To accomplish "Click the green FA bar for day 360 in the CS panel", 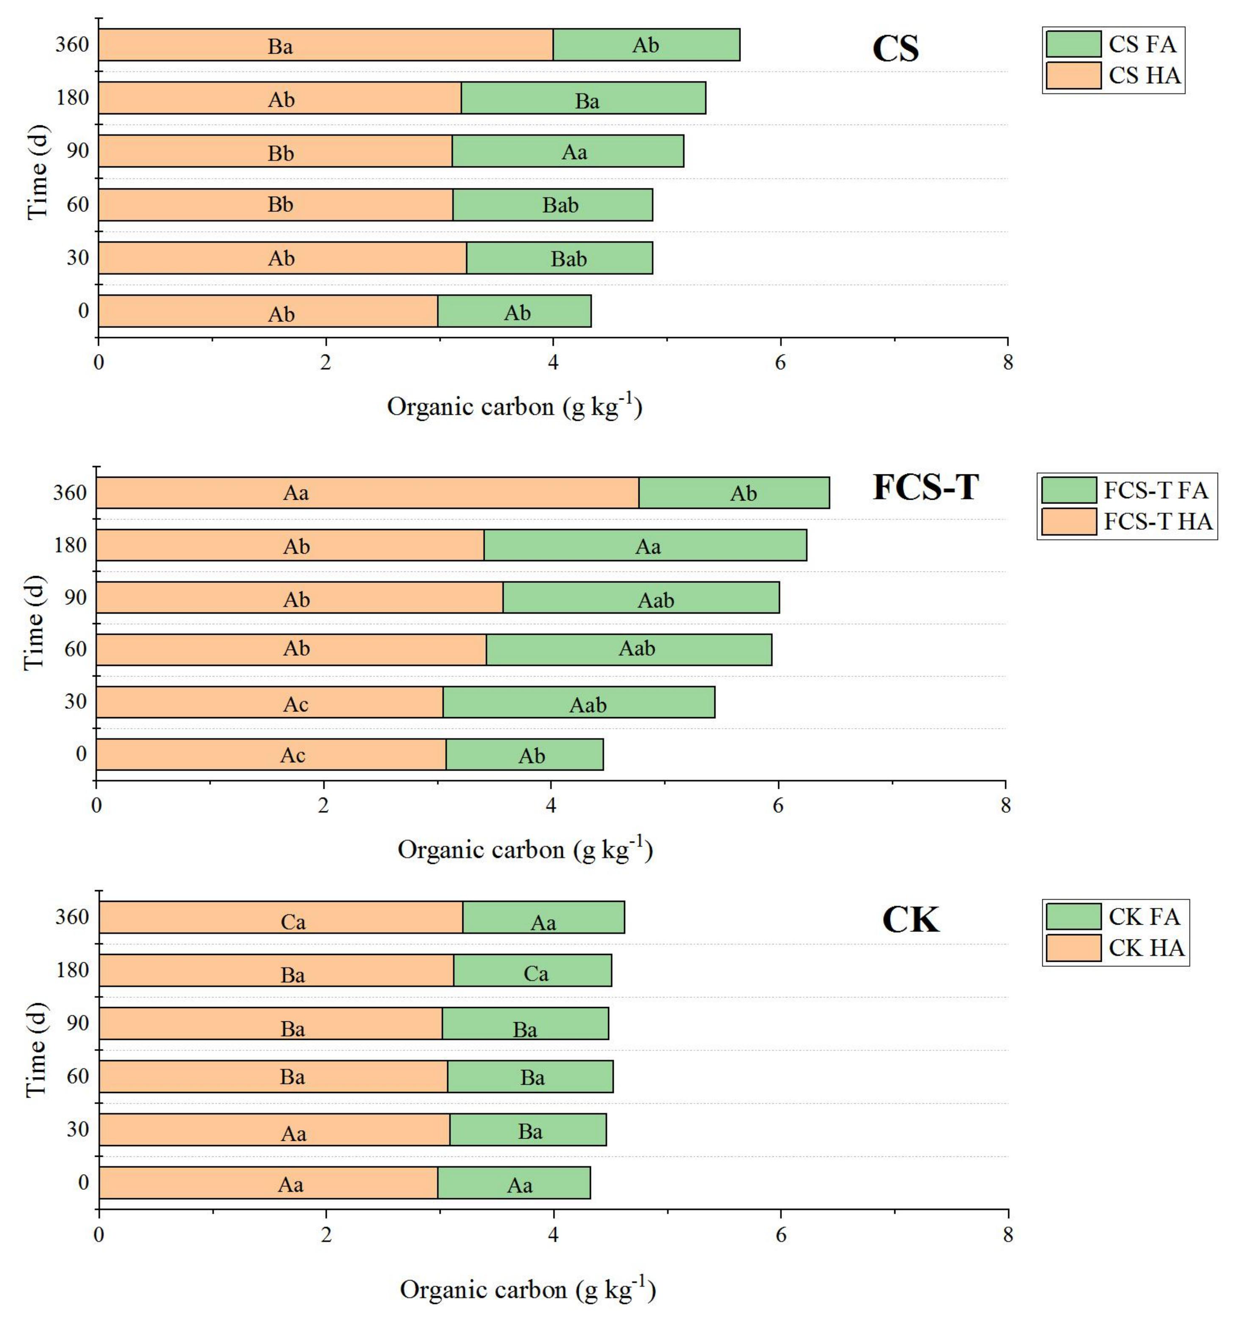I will (x=646, y=44).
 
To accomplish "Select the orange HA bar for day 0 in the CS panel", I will (x=268, y=311).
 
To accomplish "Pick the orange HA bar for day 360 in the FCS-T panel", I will (x=367, y=493).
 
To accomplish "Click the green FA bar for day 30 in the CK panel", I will (x=528, y=1130).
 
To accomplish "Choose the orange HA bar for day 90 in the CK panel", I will (x=271, y=1023).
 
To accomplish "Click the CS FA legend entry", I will (x=1114, y=44).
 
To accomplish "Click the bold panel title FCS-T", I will (x=925, y=487).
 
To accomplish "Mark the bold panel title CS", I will (x=895, y=49).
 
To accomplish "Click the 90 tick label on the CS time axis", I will (x=77, y=151).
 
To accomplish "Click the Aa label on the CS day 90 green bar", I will (x=574, y=152).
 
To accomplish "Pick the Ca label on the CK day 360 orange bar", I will (x=293, y=922).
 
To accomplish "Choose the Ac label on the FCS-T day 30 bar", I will (x=296, y=704).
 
